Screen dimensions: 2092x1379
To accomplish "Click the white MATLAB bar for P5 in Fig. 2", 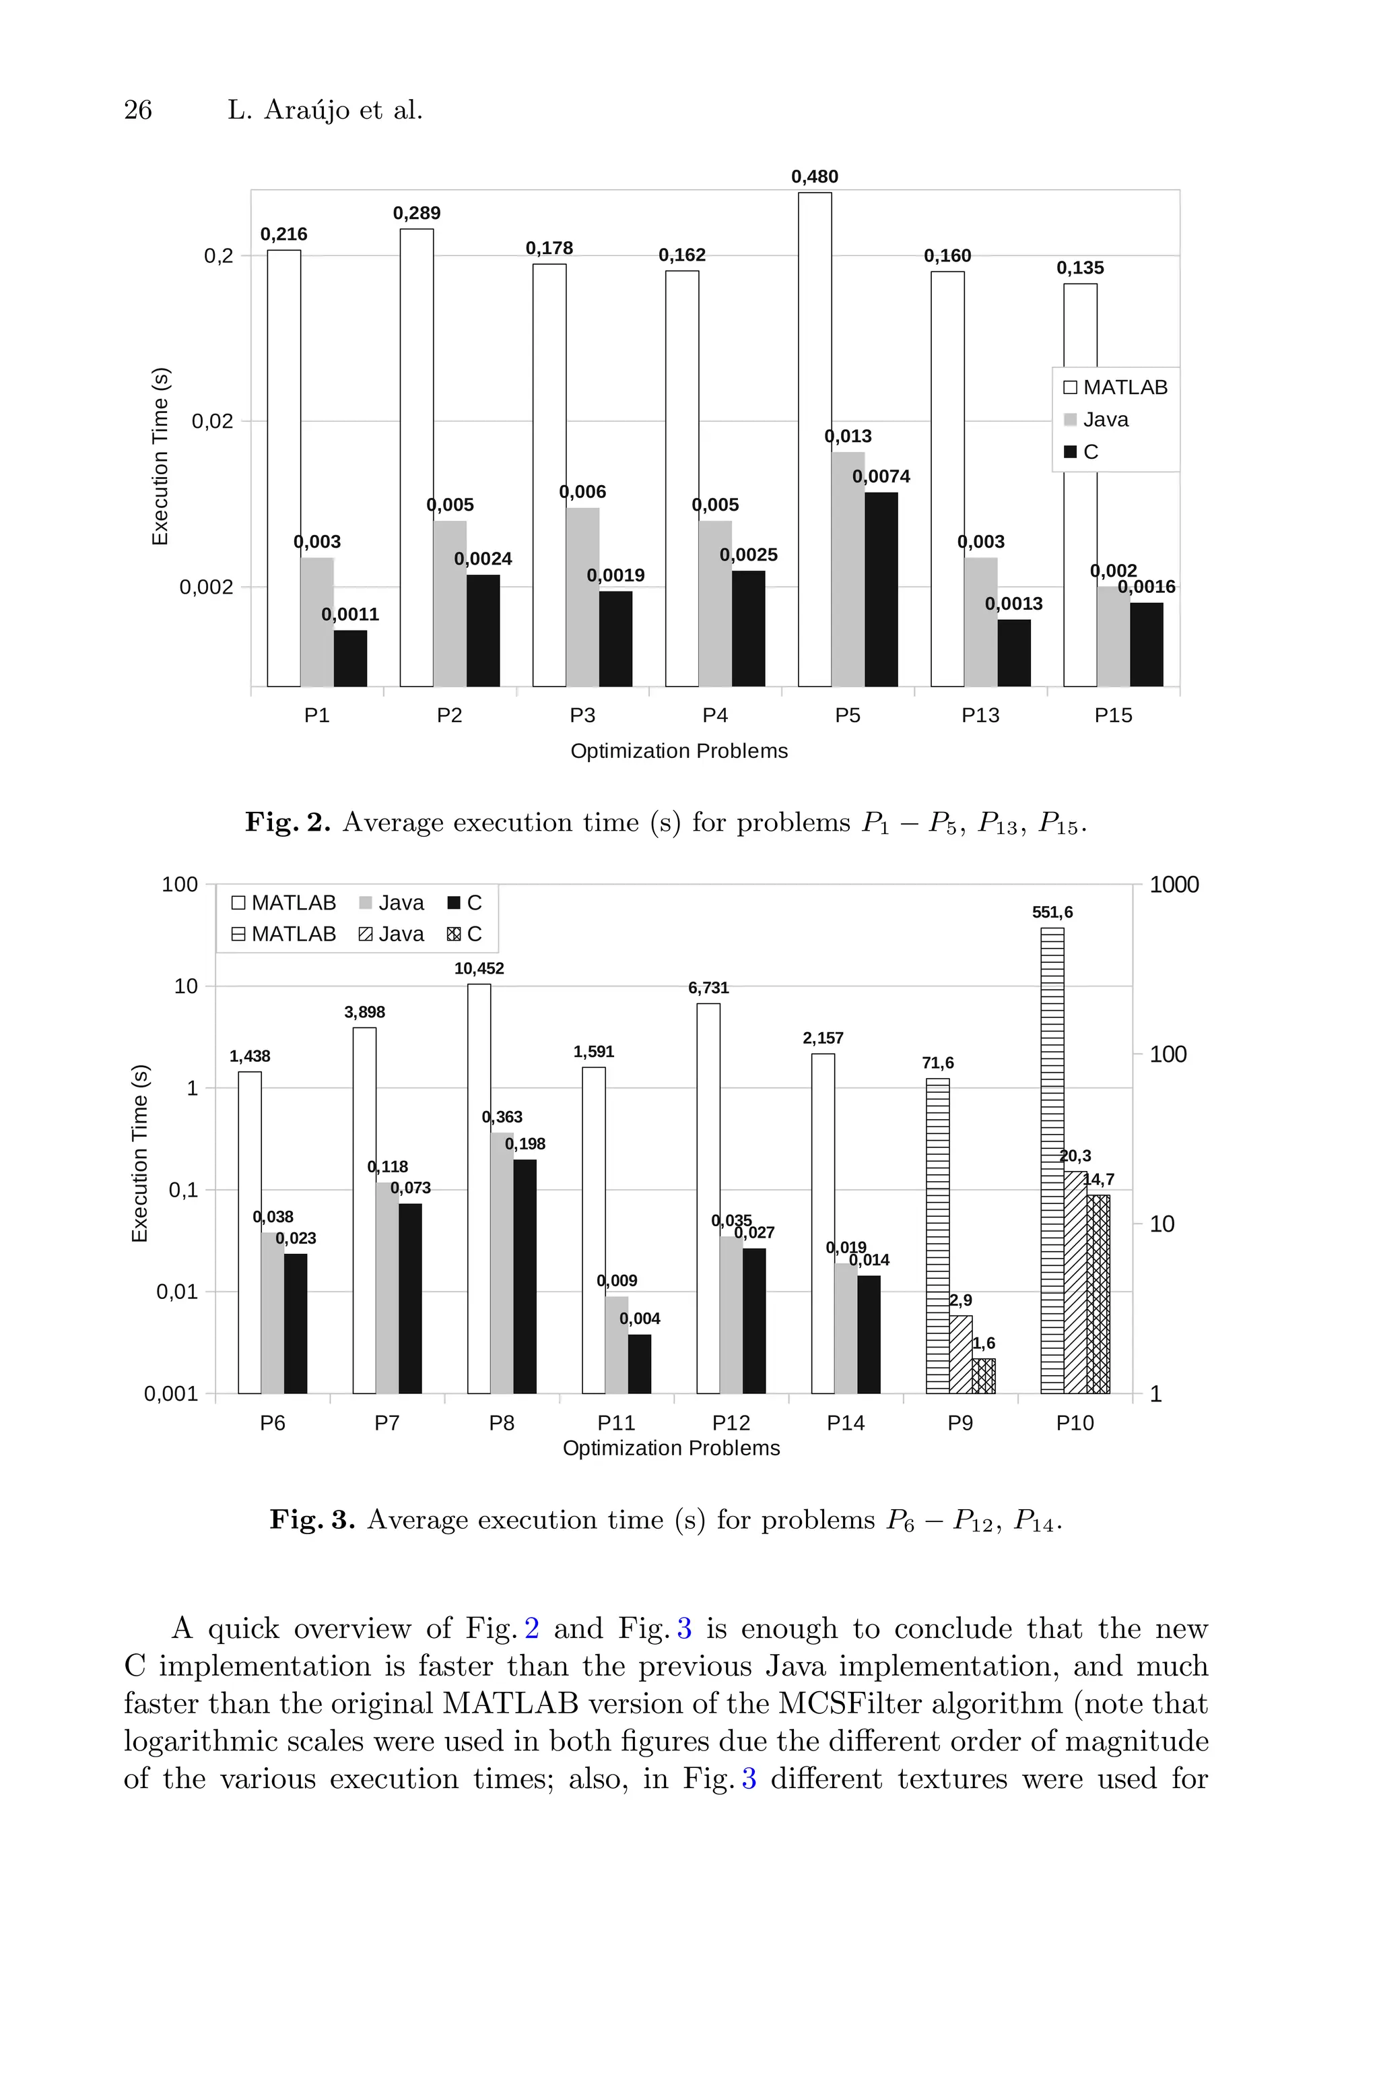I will [x=814, y=440].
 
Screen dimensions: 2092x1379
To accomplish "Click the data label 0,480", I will [x=814, y=177].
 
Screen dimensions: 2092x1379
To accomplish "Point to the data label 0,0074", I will [x=881, y=477].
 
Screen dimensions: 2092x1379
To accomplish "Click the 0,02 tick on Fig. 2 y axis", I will [x=212, y=421].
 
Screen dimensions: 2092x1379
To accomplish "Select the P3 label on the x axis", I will [x=582, y=716].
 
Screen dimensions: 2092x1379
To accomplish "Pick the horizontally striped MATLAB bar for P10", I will [x=1052, y=1162].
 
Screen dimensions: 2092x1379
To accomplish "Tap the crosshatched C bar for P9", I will [x=983, y=1376].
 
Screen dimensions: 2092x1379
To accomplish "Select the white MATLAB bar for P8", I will [x=479, y=1188].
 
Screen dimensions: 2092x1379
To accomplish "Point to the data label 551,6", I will [x=1052, y=912].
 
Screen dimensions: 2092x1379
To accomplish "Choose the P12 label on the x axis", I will [x=731, y=1422].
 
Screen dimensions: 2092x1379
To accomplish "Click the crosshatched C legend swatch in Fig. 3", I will [x=454, y=934].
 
